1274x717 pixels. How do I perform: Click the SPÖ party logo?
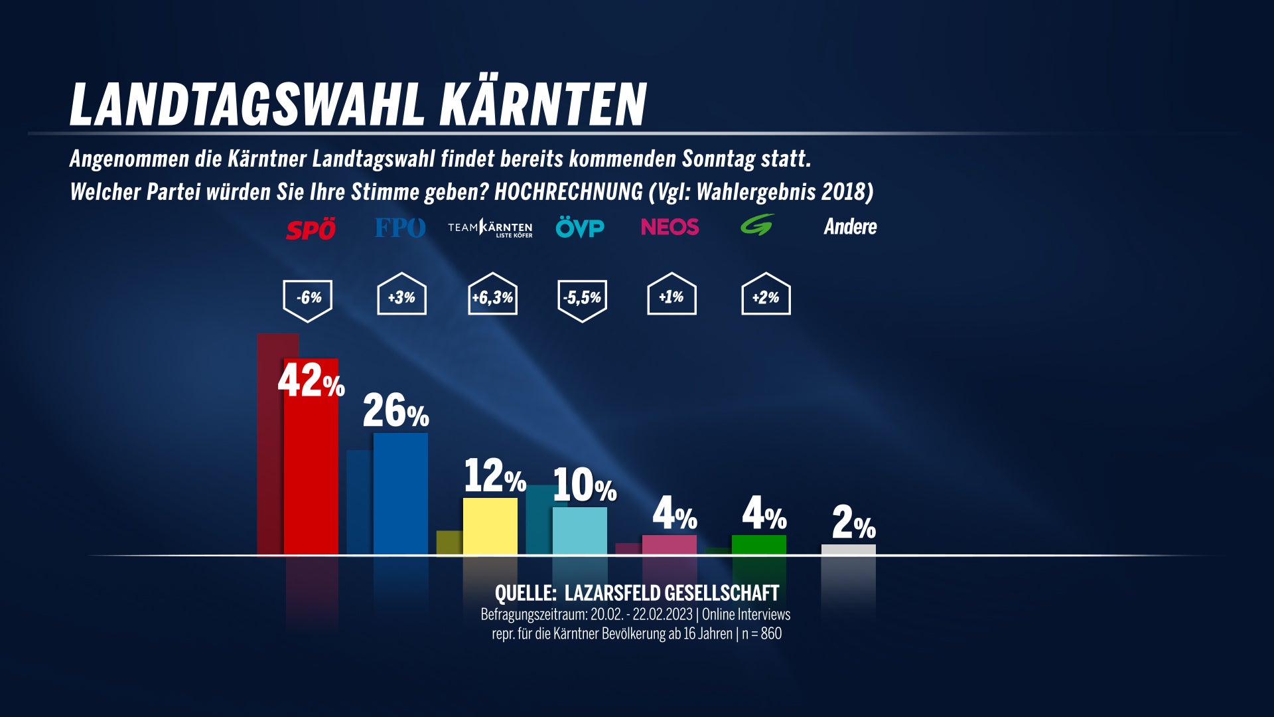pos(311,229)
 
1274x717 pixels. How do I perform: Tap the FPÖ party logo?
pos(399,228)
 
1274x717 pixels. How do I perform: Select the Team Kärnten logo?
pos(490,228)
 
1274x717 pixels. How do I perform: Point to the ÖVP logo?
pos(580,228)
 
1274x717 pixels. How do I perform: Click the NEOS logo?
pos(670,227)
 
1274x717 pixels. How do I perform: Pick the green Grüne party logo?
pos(757,225)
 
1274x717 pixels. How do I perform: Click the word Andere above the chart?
pos(850,227)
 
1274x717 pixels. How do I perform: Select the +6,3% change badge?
pos(492,296)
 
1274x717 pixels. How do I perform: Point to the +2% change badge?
pos(766,296)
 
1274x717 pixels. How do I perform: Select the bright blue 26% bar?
pos(401,495)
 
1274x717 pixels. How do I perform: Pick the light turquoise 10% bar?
pos(580,531)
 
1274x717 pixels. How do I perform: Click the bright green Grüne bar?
pos(759,545)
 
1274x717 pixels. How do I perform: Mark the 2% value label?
pos(853,523)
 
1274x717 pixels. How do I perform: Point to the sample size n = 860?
pos(762,633)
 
